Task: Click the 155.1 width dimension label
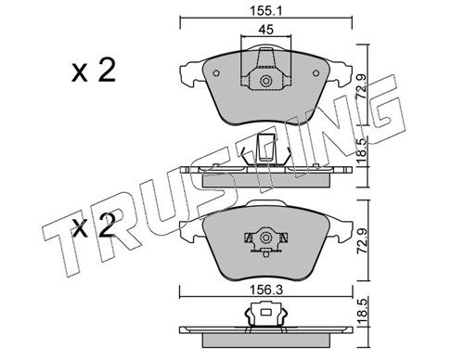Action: (266, 11)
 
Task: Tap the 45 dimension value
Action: (266, 30)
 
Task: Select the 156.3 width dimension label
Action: (266, 290)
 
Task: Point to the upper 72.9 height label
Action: (362, 86)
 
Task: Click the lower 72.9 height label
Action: (362, 241)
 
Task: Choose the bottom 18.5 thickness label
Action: (362, 312)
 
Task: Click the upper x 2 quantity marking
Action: (94, 71)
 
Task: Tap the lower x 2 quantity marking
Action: (94, 226)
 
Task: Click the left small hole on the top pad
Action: (216, 73)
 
